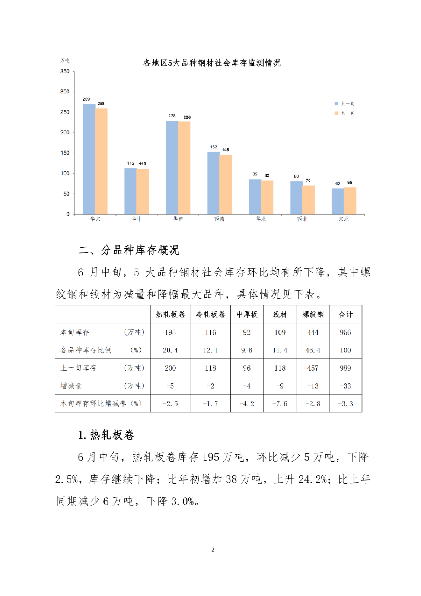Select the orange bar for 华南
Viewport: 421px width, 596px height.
click(184, 168)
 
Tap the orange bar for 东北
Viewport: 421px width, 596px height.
click(350, 201)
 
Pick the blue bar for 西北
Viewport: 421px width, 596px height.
click(296, 197)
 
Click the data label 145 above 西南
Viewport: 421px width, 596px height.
click(226, 150)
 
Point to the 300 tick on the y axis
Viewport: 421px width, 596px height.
click(65, 92)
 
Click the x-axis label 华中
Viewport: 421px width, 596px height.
click(137, 219)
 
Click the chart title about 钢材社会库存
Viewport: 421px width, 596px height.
click(212, 63)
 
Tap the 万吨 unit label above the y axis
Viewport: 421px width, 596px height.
click(65, 60)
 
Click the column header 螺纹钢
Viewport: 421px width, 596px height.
click(313, 314)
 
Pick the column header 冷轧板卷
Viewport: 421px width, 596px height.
click(211, 314)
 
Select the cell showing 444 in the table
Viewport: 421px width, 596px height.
click(313, 332)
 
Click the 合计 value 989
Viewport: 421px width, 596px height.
click(345, 368)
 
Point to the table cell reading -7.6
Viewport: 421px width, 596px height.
click(280, 403)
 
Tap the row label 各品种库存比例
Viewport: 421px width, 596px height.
click(86, 350)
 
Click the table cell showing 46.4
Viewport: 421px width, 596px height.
click(313, 350)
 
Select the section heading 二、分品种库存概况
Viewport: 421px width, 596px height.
click(129, 250)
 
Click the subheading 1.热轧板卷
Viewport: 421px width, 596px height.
click(106, 435)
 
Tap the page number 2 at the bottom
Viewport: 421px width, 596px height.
click(213, 549)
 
